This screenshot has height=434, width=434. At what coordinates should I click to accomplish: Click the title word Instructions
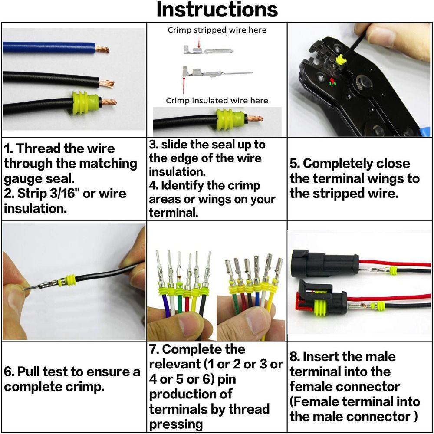coord(217,10)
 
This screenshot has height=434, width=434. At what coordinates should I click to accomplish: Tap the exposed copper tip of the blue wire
coord(102,49)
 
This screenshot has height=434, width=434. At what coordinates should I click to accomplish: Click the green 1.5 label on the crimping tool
coord(332,84)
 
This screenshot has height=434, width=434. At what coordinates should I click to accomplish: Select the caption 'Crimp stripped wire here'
coord(217,30)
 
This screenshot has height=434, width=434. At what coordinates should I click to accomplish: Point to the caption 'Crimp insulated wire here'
coord(217,100)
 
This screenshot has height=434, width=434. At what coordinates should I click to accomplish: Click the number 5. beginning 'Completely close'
coord(295,163)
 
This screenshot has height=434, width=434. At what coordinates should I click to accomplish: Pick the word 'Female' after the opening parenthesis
coord(313,401)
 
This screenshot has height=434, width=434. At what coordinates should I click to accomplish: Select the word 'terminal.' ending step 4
coord(174,213)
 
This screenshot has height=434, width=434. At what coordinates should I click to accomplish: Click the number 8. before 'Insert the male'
coord(295,356)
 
